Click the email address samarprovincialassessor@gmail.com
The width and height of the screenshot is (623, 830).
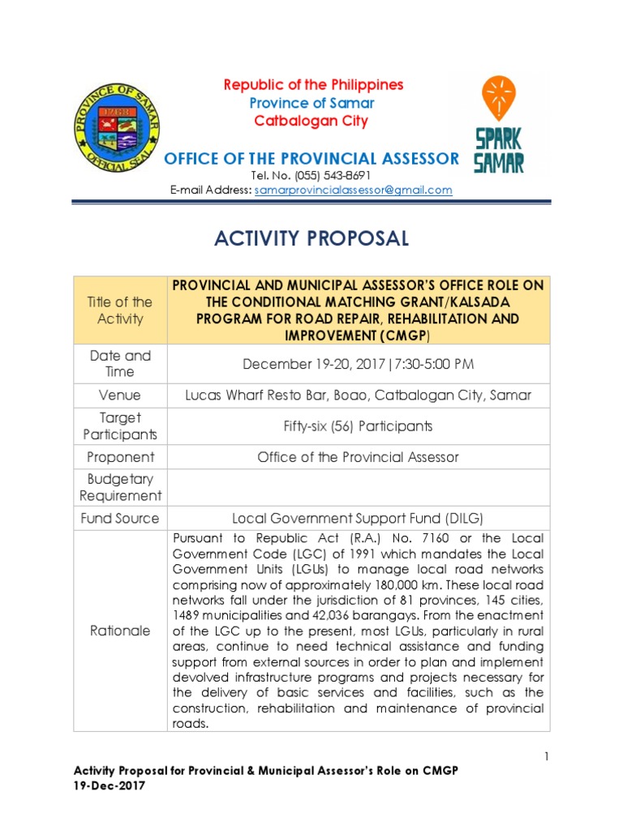(x=353, y=190)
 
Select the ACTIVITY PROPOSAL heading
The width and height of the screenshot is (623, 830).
(x=311, y=238)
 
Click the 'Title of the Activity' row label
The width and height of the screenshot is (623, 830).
(x=120, y=310)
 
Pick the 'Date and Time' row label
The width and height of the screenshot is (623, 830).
(x=120, y=364)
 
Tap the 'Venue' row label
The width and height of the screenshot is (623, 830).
(x=120, y=396)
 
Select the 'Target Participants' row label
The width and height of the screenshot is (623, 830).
(x=120, y=426)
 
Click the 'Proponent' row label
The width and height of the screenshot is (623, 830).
(x=120, y=457)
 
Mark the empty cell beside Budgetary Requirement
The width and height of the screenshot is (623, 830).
(x=358, y=487)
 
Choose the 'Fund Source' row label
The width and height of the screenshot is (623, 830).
(x=120, y=518)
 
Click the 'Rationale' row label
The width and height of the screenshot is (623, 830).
(x=120, y=631)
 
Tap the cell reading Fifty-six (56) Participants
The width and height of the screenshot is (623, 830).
(x=358, y=426)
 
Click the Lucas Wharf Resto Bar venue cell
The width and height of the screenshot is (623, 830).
(x=358, y=396)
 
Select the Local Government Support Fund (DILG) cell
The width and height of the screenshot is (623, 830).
(x=358, y=518)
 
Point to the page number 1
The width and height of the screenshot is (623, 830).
(x=547, y=757)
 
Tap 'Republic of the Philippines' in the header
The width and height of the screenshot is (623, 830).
(x=313, y=85)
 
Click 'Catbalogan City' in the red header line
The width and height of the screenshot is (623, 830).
(x=311, y=122)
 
